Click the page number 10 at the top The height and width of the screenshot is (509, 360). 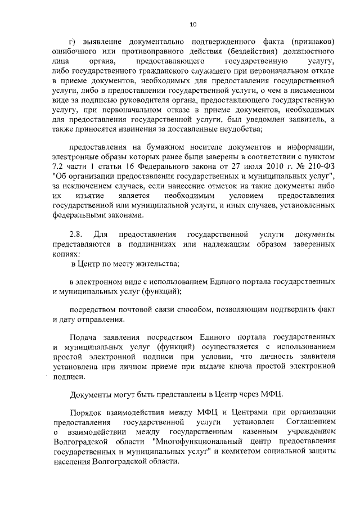click(x=193, y=24)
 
